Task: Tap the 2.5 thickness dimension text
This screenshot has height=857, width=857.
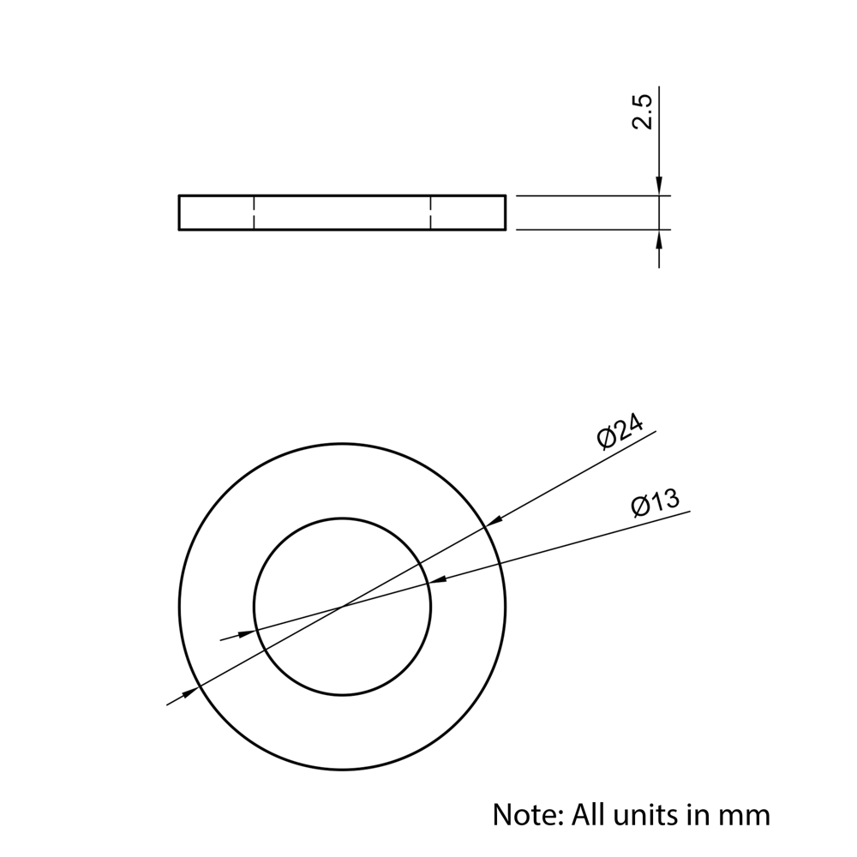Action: [x=642, y=112]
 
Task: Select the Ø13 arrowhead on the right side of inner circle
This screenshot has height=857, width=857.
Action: [x=438, y=580]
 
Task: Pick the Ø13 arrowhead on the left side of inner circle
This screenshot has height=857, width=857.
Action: [x=246, y=633]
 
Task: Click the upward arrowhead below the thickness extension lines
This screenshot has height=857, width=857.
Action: [x=658, y=239]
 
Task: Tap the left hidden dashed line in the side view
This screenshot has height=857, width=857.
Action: [x=254, y=213]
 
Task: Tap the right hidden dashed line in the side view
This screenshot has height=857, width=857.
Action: [x=431, y=213]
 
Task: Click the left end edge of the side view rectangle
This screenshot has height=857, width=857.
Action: [x=179, y=213]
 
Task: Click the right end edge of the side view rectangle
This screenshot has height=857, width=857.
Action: [x=505, y=213]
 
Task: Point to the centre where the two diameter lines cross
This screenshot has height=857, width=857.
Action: [x=343, y=608]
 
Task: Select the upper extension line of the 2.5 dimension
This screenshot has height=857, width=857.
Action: [x=591, y=196]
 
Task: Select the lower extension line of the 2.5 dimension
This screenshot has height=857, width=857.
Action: [x=591, y=230]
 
